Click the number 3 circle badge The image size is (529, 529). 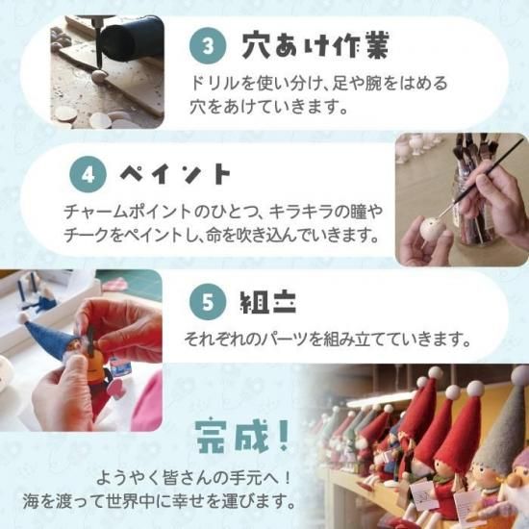[x=207, y=45]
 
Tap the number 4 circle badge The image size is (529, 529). [x=88, y=174]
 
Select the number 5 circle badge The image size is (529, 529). [x=207, y=302]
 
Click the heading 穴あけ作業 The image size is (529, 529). [x=315, y=45]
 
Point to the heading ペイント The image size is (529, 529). [x=175, y=174]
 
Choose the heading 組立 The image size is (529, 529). [x=268, y=302]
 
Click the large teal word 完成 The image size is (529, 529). [x=232, y=437]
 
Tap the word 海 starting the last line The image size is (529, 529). [x=31, y=501]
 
